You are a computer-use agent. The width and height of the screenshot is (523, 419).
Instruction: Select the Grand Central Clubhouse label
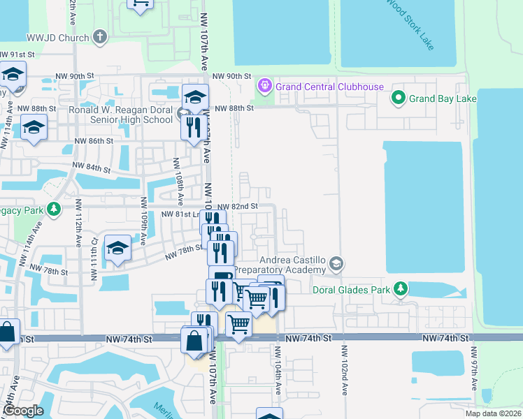[x=329, y=87]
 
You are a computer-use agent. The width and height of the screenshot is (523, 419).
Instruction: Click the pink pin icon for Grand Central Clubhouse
[x=265, y=87]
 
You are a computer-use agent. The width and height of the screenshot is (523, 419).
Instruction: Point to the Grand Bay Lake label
[x=443, y=98]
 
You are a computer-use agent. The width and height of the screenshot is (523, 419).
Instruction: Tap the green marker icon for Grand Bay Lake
[x=399, y=98]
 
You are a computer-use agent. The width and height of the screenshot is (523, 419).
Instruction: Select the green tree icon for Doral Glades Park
[x=400, y=288]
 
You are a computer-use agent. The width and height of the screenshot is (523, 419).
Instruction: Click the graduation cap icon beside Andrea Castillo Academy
[x=336, y=263]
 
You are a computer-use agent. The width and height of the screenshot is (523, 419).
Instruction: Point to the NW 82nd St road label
[x=237, y=207]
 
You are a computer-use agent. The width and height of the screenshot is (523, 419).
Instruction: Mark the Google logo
[x=22, y=411]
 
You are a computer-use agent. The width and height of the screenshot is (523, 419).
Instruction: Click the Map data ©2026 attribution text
[x=492, y=413]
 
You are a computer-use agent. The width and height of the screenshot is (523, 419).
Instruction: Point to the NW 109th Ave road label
[x=143, y=221]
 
